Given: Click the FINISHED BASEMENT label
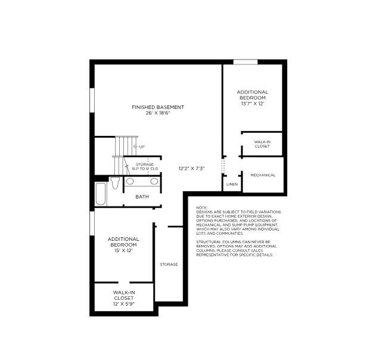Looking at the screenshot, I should [x=158, y=107].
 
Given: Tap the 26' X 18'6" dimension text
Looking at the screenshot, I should [x=158, y=113].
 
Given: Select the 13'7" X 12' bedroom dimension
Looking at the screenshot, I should [x=252, y=103].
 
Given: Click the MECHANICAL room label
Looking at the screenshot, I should [x=263, y=175].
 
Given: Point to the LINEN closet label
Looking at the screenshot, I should [x=232, y=185].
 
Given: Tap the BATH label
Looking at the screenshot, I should [x=142, y=197].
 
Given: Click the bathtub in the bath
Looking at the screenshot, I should [x=100, y=193].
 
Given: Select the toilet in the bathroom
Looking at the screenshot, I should [x=114, y=182].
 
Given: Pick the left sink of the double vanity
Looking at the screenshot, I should [x=130, y=182].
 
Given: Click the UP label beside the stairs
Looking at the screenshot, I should [x=141, y=147].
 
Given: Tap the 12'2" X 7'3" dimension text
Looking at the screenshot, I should [x=192, y=169].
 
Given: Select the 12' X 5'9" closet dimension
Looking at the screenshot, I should [x=123, y=303].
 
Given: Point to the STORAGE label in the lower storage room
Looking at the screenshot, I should [x=169, y=264].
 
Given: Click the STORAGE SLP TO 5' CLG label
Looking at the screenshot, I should [x=145, y=166].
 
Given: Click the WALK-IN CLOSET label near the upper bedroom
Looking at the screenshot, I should [x=262, y=144].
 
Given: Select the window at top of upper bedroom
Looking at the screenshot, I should [x=245, y=61].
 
